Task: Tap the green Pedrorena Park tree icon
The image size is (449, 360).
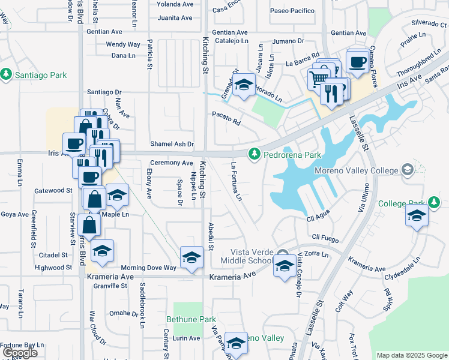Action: [x=255, y=154]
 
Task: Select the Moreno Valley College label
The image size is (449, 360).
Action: [x=357, y=171]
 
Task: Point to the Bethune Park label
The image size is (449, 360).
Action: [x=190, y=320]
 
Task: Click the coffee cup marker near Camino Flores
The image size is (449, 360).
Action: [x=357, y=61]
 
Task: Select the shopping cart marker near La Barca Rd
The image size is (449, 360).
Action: [x=318, y=78]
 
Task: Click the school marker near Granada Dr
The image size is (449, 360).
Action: [x=244, y=86]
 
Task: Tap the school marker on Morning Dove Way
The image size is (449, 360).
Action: [x=191, y=258]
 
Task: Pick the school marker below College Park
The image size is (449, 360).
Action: [x=416, y=217]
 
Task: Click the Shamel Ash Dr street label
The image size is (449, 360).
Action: [x=172, y=144]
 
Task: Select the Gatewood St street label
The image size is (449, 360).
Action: [x=53, y=190]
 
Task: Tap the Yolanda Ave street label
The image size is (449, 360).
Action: [x=176, y=4]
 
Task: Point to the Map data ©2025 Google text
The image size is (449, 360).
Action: [x=411, y=355]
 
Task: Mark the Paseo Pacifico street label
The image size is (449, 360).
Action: [x=292, y=11]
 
